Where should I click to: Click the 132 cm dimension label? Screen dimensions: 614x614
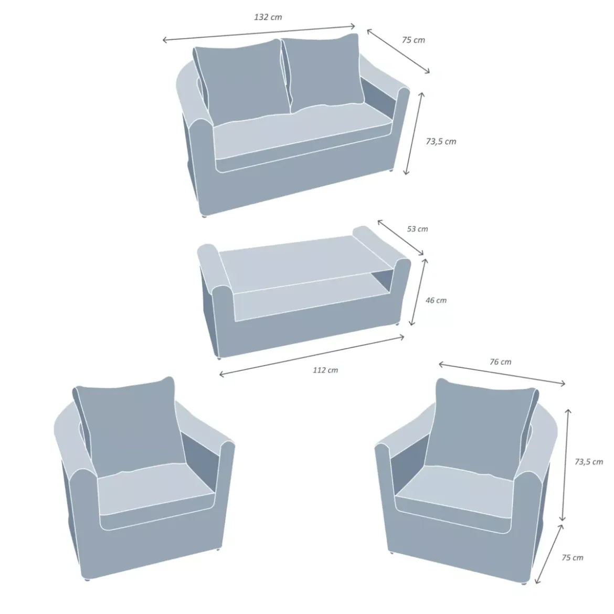268,17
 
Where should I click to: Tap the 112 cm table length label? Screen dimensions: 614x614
325,370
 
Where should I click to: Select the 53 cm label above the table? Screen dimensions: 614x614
417,229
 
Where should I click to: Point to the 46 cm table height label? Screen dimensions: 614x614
436,300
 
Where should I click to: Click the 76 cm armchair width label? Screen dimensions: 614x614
501,362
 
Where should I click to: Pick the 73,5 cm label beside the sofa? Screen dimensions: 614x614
441,141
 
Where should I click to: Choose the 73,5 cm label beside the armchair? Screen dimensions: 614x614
588,462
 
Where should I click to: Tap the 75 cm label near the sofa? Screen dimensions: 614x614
413,40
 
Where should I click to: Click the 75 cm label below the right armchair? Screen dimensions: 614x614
573,558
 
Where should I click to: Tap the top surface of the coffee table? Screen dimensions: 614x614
305,262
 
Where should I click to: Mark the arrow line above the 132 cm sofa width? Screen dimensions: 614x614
259,33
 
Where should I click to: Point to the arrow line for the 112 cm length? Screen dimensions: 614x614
312,356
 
